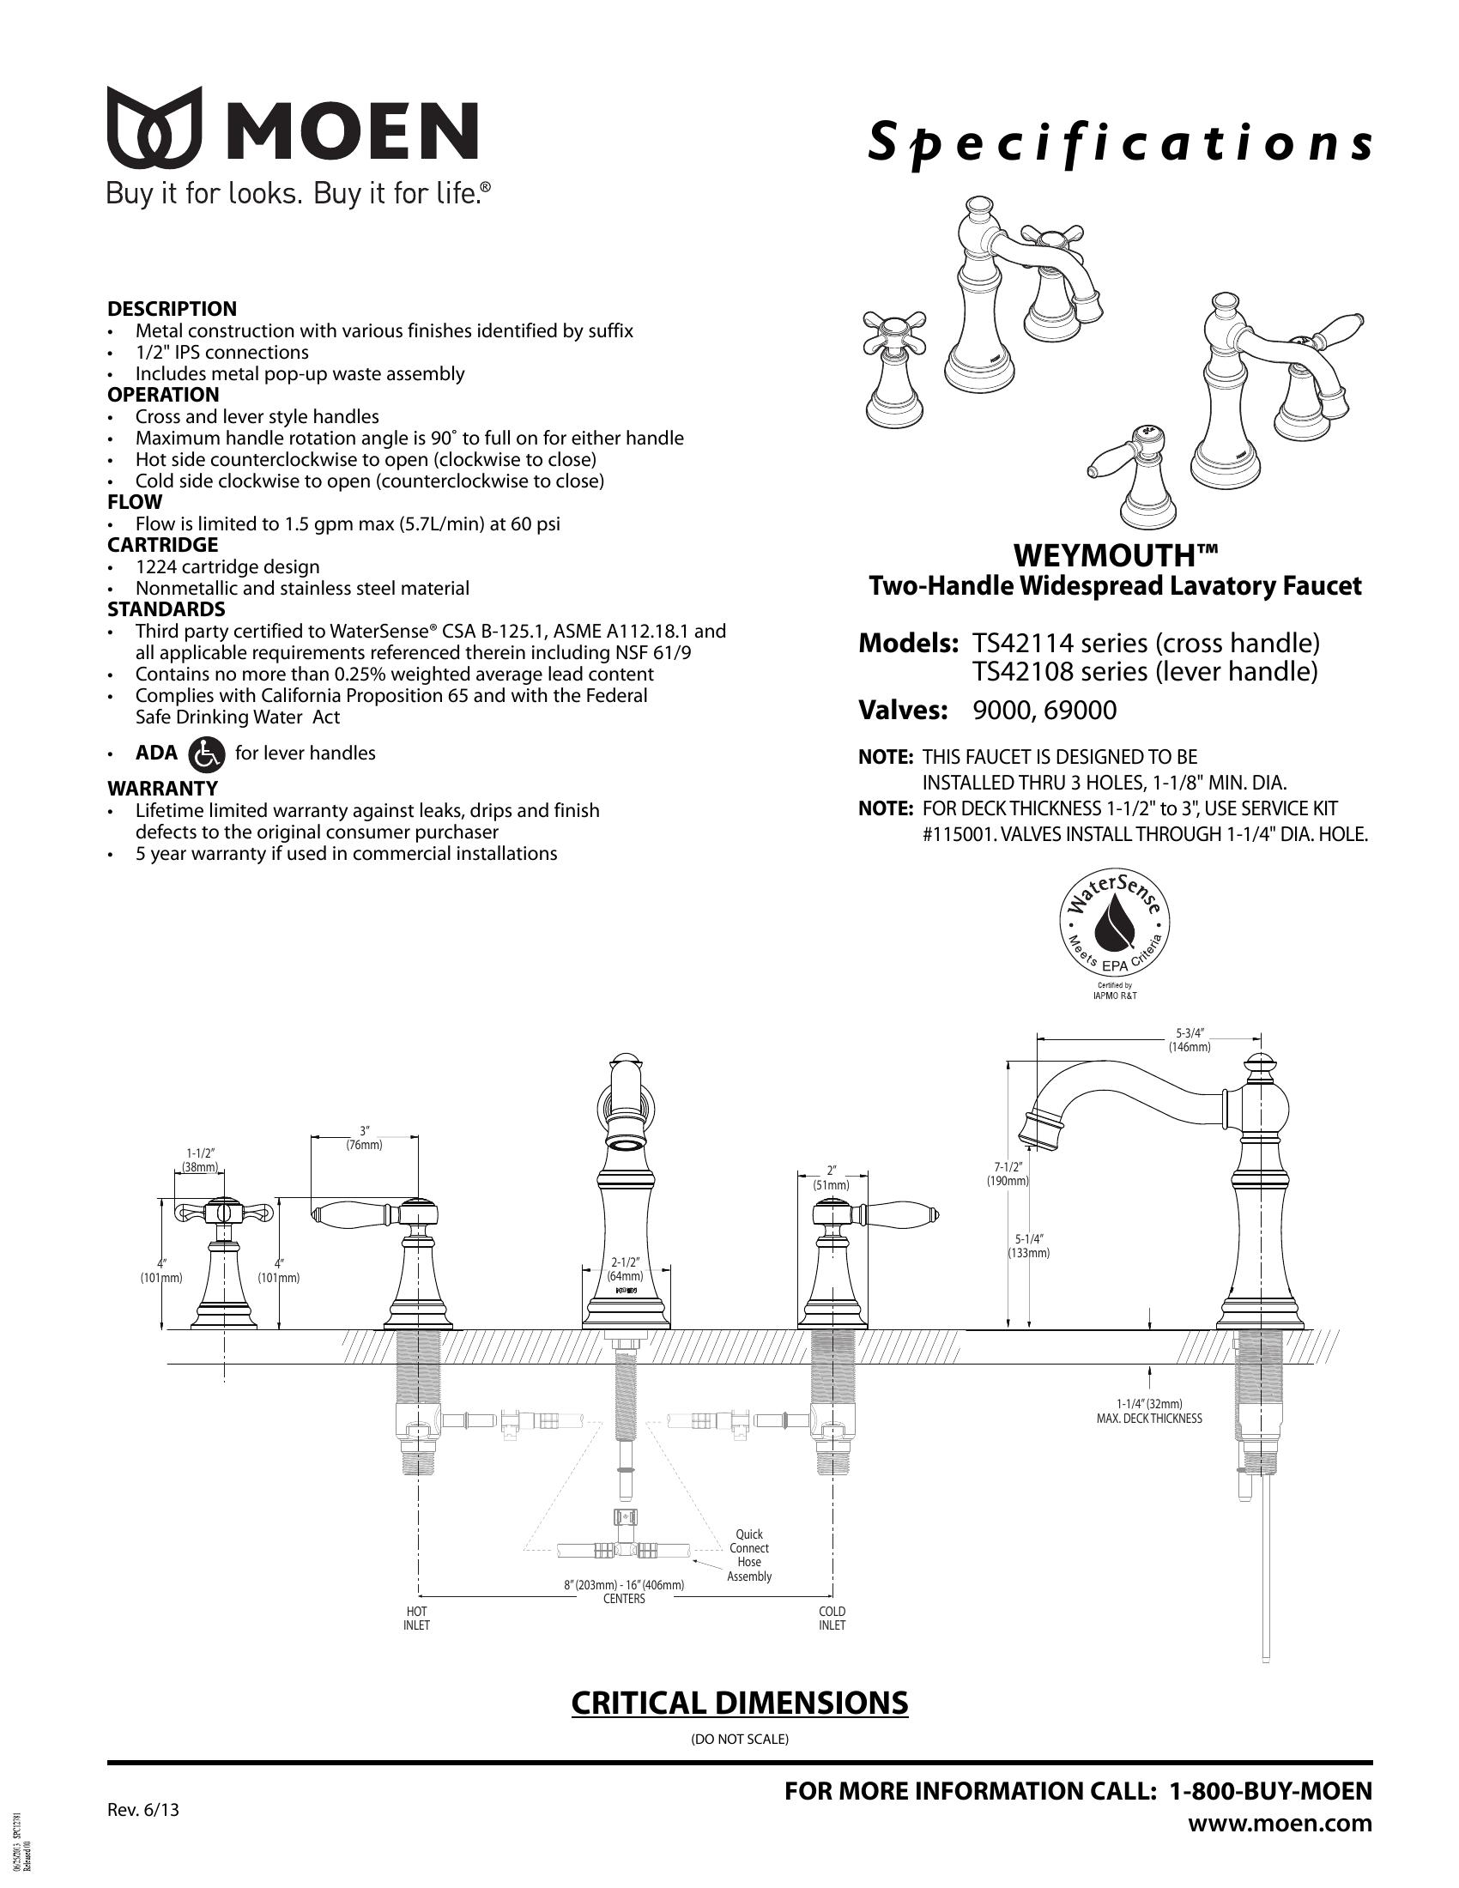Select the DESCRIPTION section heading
point(172,309)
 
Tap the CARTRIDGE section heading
point(162,545)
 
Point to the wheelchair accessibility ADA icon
point(206,753)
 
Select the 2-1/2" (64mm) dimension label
point(624,1268)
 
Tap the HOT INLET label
point(416,1619)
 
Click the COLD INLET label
point(832,1619)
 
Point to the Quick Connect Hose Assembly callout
point(748,1555)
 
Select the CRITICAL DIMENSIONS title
point(740,1702)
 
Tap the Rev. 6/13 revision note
point(143,1808)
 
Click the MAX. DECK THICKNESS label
point(1148,1419)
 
